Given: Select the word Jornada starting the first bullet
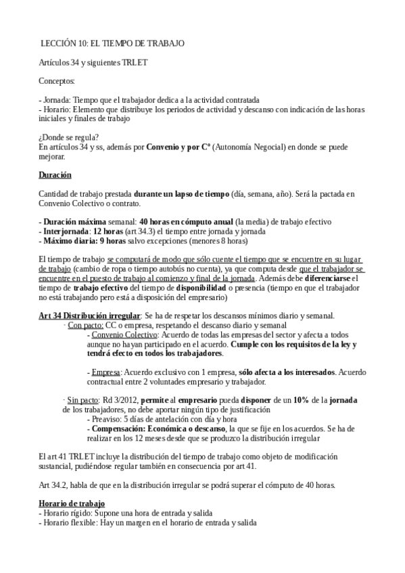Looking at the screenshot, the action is click(57, 99).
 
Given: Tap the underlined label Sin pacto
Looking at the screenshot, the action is click(84, 400).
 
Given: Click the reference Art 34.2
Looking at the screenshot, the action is click(53, 484).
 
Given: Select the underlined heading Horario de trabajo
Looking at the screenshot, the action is click(72, 503).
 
